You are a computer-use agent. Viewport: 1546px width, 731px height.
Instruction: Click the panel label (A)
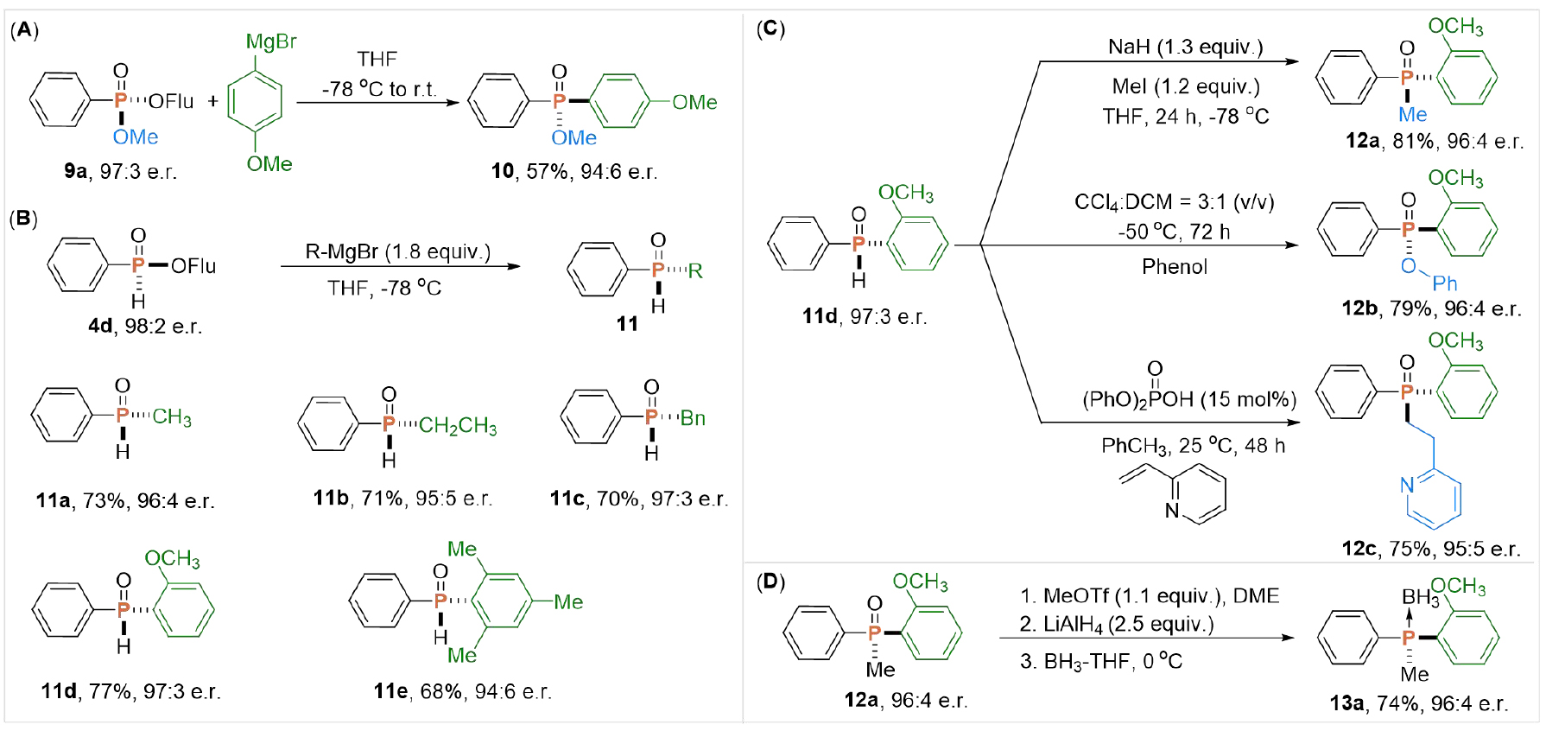[x=24, y=30]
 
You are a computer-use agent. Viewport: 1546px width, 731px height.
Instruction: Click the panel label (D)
[x=770, y=582]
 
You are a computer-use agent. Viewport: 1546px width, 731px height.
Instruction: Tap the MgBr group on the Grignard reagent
[x=271, y=41]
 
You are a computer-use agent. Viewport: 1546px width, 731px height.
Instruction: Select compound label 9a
[x=75, y=171]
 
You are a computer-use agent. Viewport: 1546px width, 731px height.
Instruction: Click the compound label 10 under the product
[x=503, y=171]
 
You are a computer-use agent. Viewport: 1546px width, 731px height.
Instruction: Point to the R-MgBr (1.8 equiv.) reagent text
[x=397, y=251]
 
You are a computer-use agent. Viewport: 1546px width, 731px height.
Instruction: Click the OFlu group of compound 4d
[x=193, y=266]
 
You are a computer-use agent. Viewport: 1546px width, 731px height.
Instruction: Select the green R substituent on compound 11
[x=694, y=270]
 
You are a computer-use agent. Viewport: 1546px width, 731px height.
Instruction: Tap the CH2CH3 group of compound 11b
[x=457, y=425]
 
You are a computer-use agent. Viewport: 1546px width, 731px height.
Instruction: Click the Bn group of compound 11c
[x=693, y=418]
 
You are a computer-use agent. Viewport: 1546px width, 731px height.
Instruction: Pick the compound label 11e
[x=390, y=691]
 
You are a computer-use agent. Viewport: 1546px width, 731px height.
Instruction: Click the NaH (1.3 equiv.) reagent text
[x=1185, y=47]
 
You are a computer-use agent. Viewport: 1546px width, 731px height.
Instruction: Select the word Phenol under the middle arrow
[x=1175, y=267]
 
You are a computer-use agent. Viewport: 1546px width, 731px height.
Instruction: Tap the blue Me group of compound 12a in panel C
[x=1412, y=114]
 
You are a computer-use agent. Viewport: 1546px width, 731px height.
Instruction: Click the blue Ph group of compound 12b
[x=1444, y=283]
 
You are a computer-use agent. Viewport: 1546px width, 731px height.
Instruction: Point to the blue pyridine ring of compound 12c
[x=1434, y=499]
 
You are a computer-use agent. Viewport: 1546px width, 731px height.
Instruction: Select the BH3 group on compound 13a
[x=1420, y=597]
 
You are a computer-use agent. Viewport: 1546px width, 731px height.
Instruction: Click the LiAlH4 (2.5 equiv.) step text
[x=1117, y=624]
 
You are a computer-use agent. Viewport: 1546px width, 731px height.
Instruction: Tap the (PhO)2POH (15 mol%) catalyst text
[x=1188, y=399]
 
